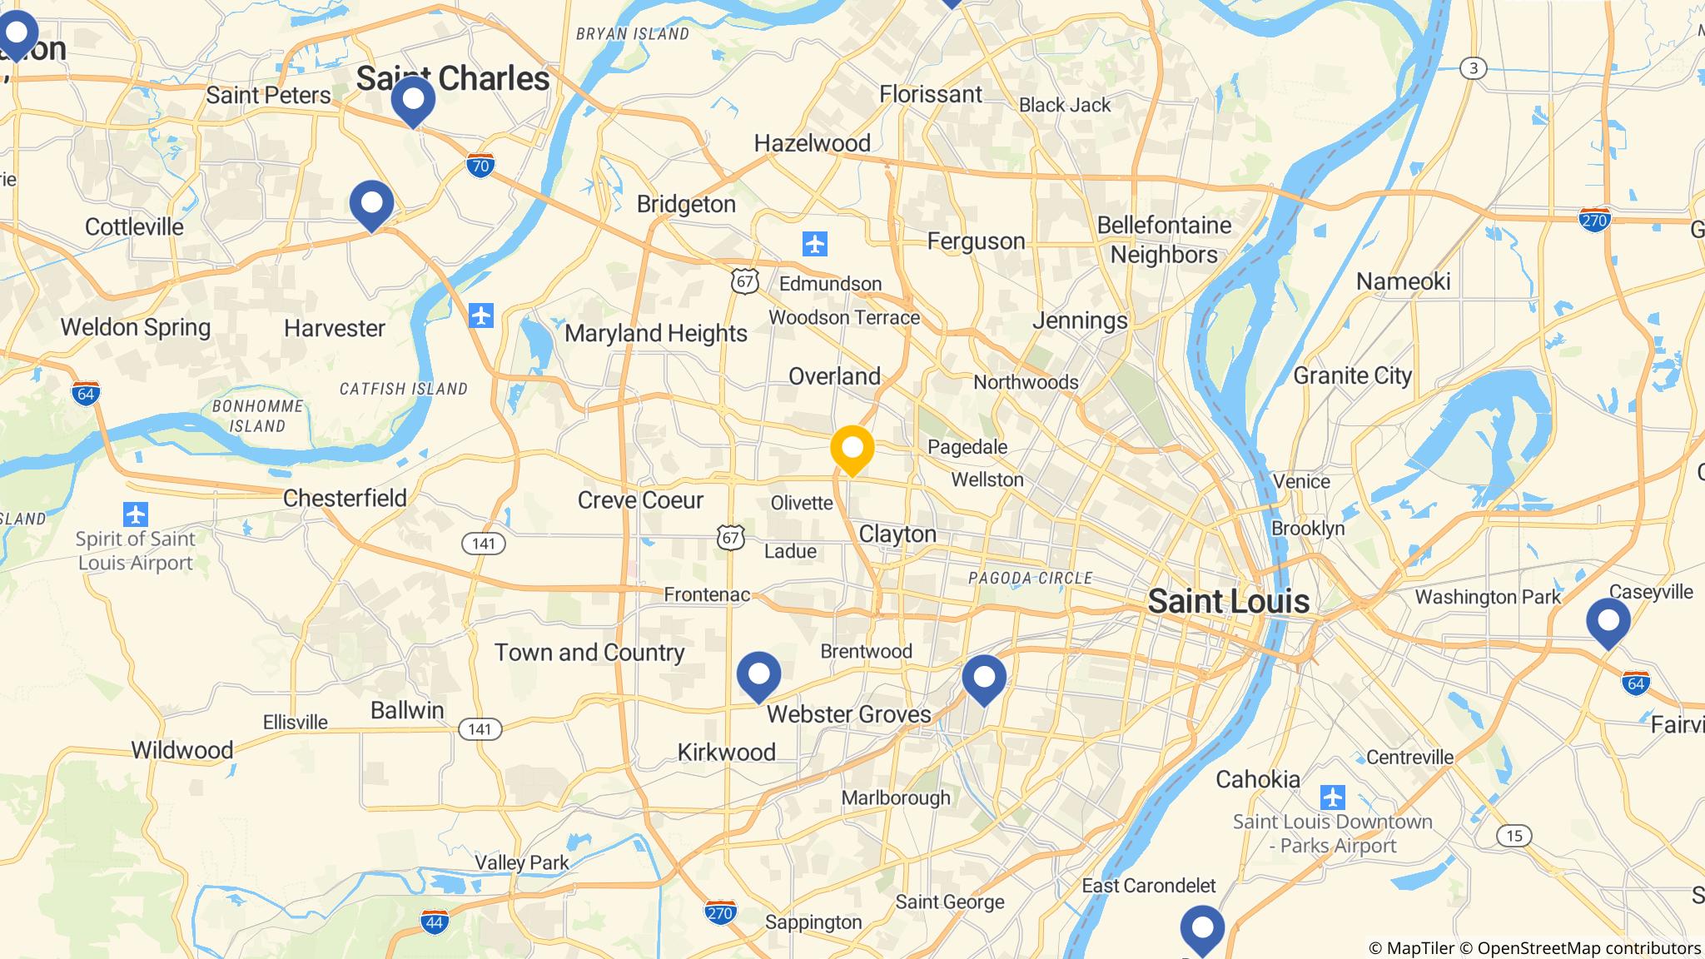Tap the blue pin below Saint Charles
pyautogui.click(x=413, y=101)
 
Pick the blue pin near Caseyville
pyautogui.click(x=1608, y=622)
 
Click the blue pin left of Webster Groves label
pyautogui.click(x=758, y=675)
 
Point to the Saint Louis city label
pyautogui.click(x=1228, y=601)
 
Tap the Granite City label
pyautogui.click(x=1352, y=375)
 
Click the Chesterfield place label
pyautogui.click(x=345, y=498)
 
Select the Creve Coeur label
pyautogui.click(x=640, y=499)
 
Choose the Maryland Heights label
pyautogui.click(x=656, y=333)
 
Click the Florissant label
pyautogui.click(x=931, y=94)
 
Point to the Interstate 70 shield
pyautogui.click(x=480, y=166)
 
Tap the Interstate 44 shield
pyautogui.click(x=435, y=922)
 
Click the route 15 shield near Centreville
pyautogui.click(x=1514, y=836)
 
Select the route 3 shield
pyautogui.click(x=1474, y=68)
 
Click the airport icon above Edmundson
pyautogui.click(x=814, y=245)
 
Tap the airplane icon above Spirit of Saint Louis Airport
pyautogui.click(x=135, y=514)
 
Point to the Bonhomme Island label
pyautogui.click(x=257, y=415)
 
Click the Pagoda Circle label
pyautogui.click(x=1030, y=578)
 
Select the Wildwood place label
pyautogui.click(x=181, y=750)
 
